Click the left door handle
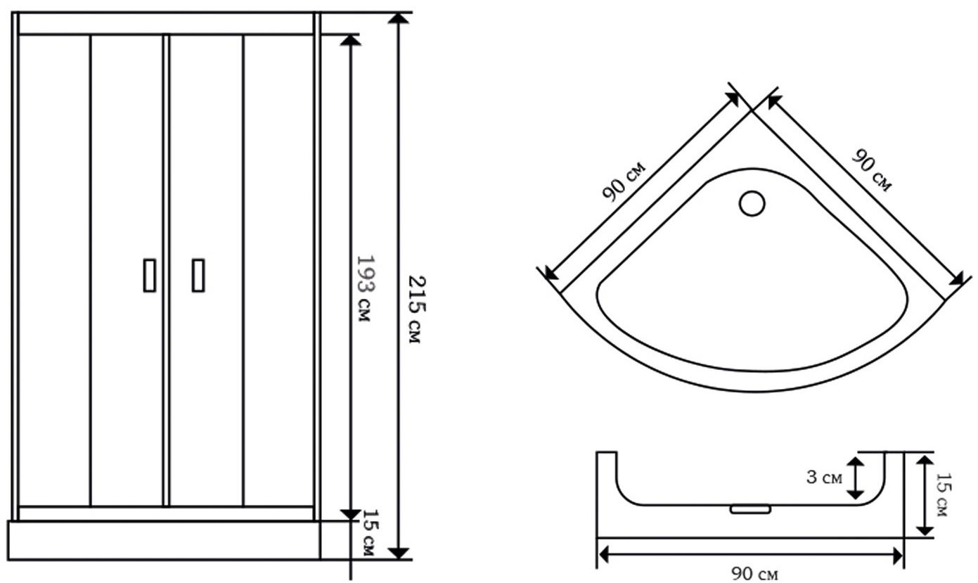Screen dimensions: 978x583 point(150,275)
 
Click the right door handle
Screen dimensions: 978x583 point(198,275)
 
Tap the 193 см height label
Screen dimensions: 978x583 point(365,288)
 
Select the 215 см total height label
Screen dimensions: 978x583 point(416,309)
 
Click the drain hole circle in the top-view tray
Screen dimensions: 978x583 point(752,203)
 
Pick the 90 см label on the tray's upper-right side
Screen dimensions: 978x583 point(871,171)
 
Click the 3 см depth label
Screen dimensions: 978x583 point(824,478)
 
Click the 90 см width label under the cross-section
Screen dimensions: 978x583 point(754,573)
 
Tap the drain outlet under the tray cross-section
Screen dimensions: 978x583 point(750,509)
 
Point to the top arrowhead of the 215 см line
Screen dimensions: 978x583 point(398,18)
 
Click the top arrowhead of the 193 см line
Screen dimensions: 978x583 point(351,40)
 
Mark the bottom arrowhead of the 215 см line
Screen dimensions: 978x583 point(398,553)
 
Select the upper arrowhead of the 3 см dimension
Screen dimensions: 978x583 point(856,463)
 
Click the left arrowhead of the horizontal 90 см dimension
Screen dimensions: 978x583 point(604,556)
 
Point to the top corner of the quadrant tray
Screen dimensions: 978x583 point(752,111)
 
